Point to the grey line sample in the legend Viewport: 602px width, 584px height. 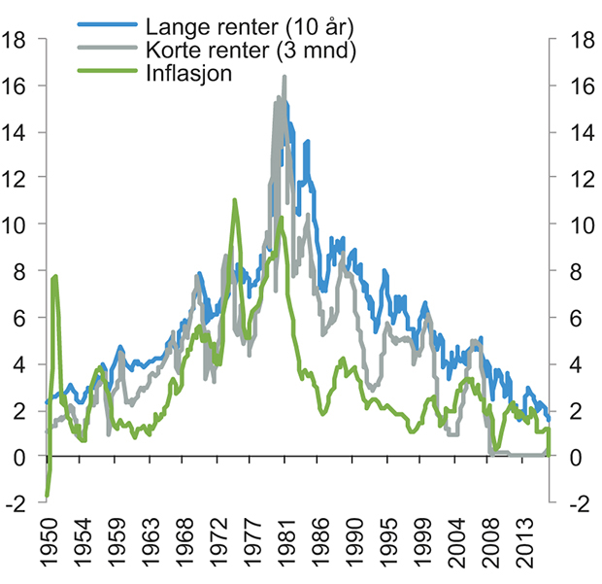pyautogui.click(x=106, y=51)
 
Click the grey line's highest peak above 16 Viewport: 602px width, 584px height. pyautogui.click(x=284, y=77)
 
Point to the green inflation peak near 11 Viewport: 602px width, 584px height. pyautogui.click(x=234, y=200)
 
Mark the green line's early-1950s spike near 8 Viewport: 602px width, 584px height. pyautogui.click(x=55, y=277)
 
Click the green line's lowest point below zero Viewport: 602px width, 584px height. pyautogui.click(x=47, y=496)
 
